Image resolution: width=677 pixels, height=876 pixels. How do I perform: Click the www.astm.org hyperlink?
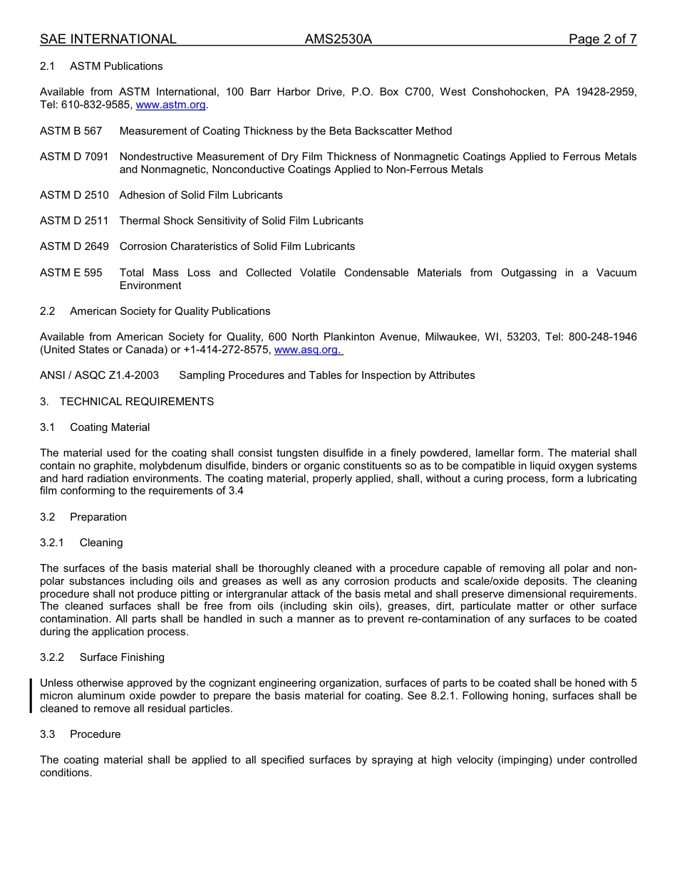tap(170, 105)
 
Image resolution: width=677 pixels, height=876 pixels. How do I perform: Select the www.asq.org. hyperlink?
tap(308, 350)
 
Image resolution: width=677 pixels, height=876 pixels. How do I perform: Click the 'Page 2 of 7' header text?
tap(602, 39)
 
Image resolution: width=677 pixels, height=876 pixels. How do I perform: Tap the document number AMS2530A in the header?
tap(338, 39)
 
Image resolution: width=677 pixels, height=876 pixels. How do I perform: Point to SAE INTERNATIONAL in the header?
tap(108, 39)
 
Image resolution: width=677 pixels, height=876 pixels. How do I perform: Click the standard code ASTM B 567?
tap(71, 131)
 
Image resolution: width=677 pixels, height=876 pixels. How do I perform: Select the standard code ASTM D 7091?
tap(74, 157)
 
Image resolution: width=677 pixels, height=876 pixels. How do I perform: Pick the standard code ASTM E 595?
tap(71, 273)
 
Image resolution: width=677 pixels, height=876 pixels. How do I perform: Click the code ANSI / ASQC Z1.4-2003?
tap(99, 375)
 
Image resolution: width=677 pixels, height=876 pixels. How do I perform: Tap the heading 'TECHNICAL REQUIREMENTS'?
tap(136, 402)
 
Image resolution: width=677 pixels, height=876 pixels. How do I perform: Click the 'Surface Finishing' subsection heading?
tap(122, 657)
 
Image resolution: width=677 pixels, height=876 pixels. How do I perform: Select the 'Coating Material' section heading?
tap(110, 427)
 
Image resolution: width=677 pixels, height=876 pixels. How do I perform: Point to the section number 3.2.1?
tap(52, 543)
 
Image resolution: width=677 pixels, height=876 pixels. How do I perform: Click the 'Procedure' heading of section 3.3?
tap(95, 734)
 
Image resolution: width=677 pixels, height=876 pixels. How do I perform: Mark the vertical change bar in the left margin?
tap(31, 696)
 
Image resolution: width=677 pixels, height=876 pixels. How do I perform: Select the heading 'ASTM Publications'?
tap(116, 66)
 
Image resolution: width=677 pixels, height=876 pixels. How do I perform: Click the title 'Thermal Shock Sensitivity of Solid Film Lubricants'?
tap(241, 221)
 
